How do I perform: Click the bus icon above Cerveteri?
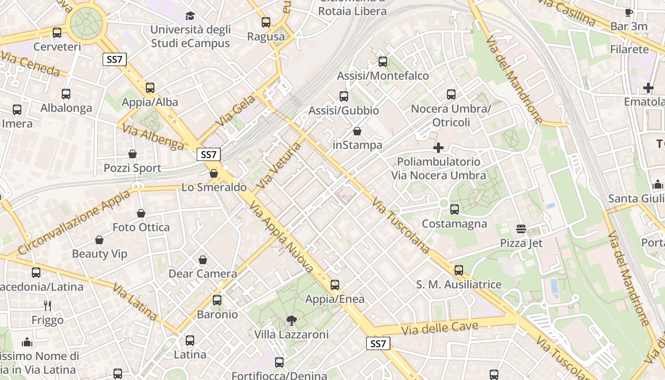[57, 33]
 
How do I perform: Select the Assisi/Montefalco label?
[383, 76]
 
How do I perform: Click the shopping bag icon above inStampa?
[357, 131]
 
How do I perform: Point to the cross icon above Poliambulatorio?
[438, 148]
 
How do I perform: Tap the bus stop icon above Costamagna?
[455, 209]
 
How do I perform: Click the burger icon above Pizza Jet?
[521, 229]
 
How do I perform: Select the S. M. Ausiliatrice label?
[459, 285]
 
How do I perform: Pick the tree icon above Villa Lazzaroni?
[291, 321]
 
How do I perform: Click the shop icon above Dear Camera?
[203, 260]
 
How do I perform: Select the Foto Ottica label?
[141, 228]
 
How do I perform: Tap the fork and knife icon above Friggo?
[47, 305]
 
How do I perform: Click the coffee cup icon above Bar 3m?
[629, 12]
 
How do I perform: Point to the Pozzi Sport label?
[133, 168]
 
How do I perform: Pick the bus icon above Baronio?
[217, 300]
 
